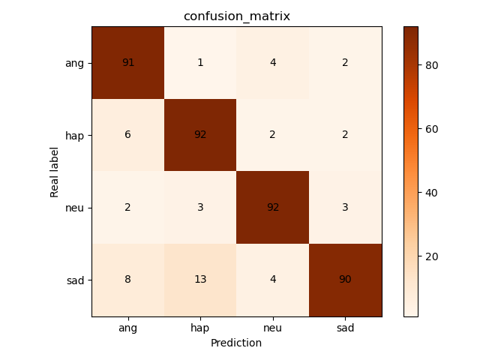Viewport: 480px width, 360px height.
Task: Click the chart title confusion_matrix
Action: (x=237, y=16)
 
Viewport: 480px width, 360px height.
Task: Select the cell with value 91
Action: (x=127, y=63)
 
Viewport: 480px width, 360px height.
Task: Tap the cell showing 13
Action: (x=200, y=280)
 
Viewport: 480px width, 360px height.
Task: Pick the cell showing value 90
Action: (x=345, y=280)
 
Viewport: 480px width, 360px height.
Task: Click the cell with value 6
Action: (x=127, y=135)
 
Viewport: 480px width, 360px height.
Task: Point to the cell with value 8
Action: (x=127, y=280)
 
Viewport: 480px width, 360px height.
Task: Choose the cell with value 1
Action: (x=200, y=63)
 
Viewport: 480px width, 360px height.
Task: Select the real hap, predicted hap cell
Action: (x=200, y=135)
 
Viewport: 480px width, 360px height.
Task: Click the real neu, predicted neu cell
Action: (x=273, y=208)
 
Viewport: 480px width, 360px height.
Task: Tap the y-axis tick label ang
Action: (x=74, y=63)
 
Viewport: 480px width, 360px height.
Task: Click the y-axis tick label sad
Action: (x=75, y=280)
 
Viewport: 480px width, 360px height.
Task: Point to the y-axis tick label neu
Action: (x=74, y=208)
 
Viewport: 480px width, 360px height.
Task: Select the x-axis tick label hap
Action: (x=200, y=328)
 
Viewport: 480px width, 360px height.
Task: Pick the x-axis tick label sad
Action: (x=345, y=328)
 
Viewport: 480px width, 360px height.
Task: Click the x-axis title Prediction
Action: (x=237, y=343)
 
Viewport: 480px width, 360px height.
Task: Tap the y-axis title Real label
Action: (x=55, y=172)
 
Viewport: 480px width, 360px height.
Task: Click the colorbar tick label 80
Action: (x=431, y=65)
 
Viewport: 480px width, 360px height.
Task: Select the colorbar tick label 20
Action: (x=431, y=256)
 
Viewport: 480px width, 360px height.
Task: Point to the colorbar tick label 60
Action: (x=431, y=129)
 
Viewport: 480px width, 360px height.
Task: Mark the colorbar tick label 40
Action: (x=431, y=193)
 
